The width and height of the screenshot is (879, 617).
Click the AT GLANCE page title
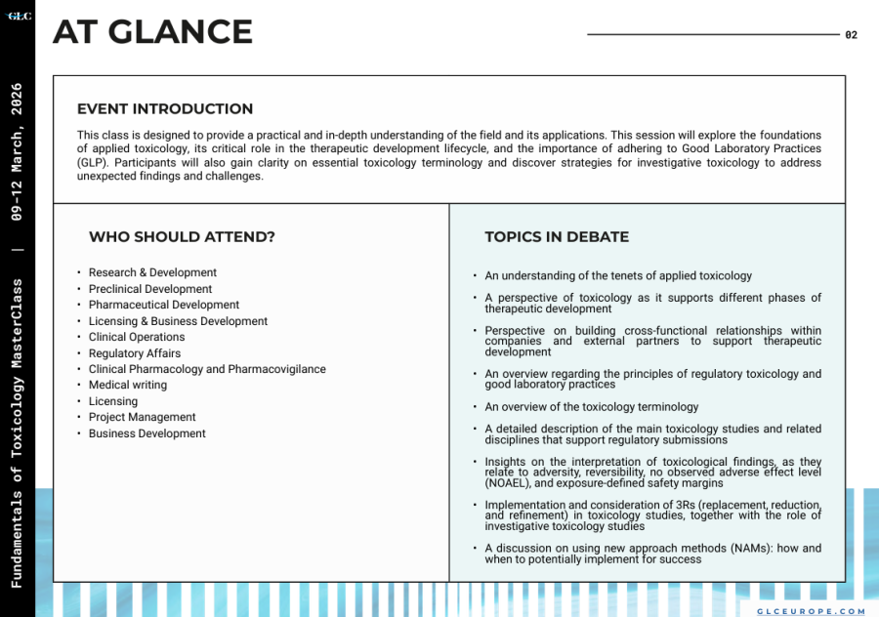click(152, 32)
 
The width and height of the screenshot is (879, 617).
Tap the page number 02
click(851, 35)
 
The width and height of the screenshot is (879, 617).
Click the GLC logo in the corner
click(19, 16)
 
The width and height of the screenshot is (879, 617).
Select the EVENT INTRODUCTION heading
click(165, 109)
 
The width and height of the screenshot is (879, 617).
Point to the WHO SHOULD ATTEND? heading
click(182, 237)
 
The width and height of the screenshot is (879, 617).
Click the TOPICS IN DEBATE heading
click(557, 237)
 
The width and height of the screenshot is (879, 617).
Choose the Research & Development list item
click(152, 273)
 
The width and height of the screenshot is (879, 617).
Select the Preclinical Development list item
click(150, 289)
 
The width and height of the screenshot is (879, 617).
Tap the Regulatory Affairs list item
click(135, 353)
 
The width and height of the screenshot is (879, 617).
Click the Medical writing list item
click(128, 386)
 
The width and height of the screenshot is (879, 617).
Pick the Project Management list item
click(143, 418)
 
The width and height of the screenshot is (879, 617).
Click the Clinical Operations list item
click(137, 338)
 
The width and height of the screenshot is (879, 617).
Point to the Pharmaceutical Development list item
click(164, 306)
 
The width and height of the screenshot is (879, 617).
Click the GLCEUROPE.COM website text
click(811, 611)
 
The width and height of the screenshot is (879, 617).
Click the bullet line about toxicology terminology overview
click(591, 407)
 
